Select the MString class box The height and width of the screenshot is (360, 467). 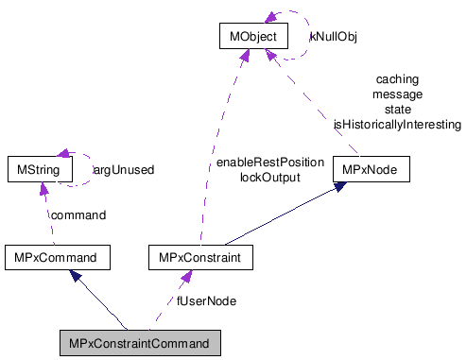coord(34,170)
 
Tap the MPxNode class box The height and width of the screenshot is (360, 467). coord(372,170)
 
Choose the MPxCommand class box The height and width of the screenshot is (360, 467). coord(57,256)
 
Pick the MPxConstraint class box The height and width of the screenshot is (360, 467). coord(199,256)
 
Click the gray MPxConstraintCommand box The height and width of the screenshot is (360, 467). coord(139,342)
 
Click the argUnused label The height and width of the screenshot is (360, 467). coord(123,171)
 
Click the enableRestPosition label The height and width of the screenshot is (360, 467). coord(269,163)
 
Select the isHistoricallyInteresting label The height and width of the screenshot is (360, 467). coord(397,124)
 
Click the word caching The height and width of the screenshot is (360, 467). coord(397,80)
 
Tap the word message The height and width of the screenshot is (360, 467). coord(397,94)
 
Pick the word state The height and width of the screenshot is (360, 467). coord(398,110)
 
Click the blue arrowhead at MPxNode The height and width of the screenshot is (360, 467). coord(342,187)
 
